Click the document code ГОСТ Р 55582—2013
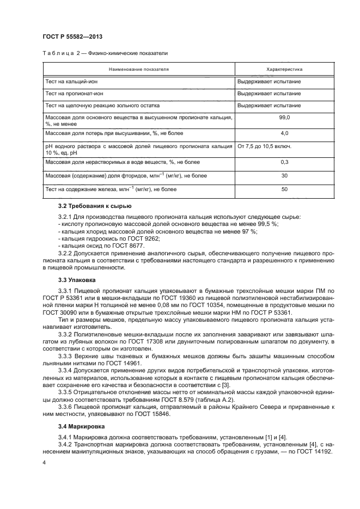[x=72, y=36]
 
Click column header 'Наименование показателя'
[x=138, y=70]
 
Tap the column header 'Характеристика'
[x=284, y=70]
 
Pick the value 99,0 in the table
[x=284, y=118]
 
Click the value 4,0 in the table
[x=284, y=133]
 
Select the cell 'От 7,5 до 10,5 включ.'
[x=264, y=146]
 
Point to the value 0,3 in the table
[x=284, y=162]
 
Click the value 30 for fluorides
[x=284, y=176]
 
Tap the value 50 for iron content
[x=284, y=189]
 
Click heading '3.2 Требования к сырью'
[x=94, y=207]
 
